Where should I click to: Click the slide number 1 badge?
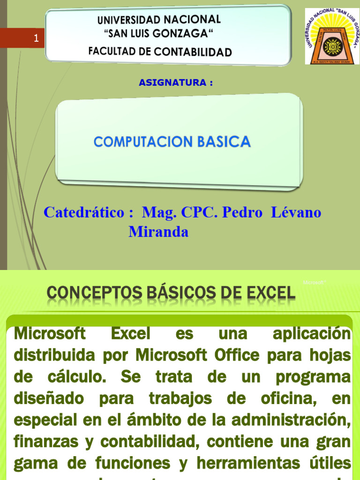(36, 39)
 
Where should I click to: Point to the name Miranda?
(158, 232)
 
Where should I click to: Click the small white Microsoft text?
(314, 283)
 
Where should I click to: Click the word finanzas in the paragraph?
(41, 442)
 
